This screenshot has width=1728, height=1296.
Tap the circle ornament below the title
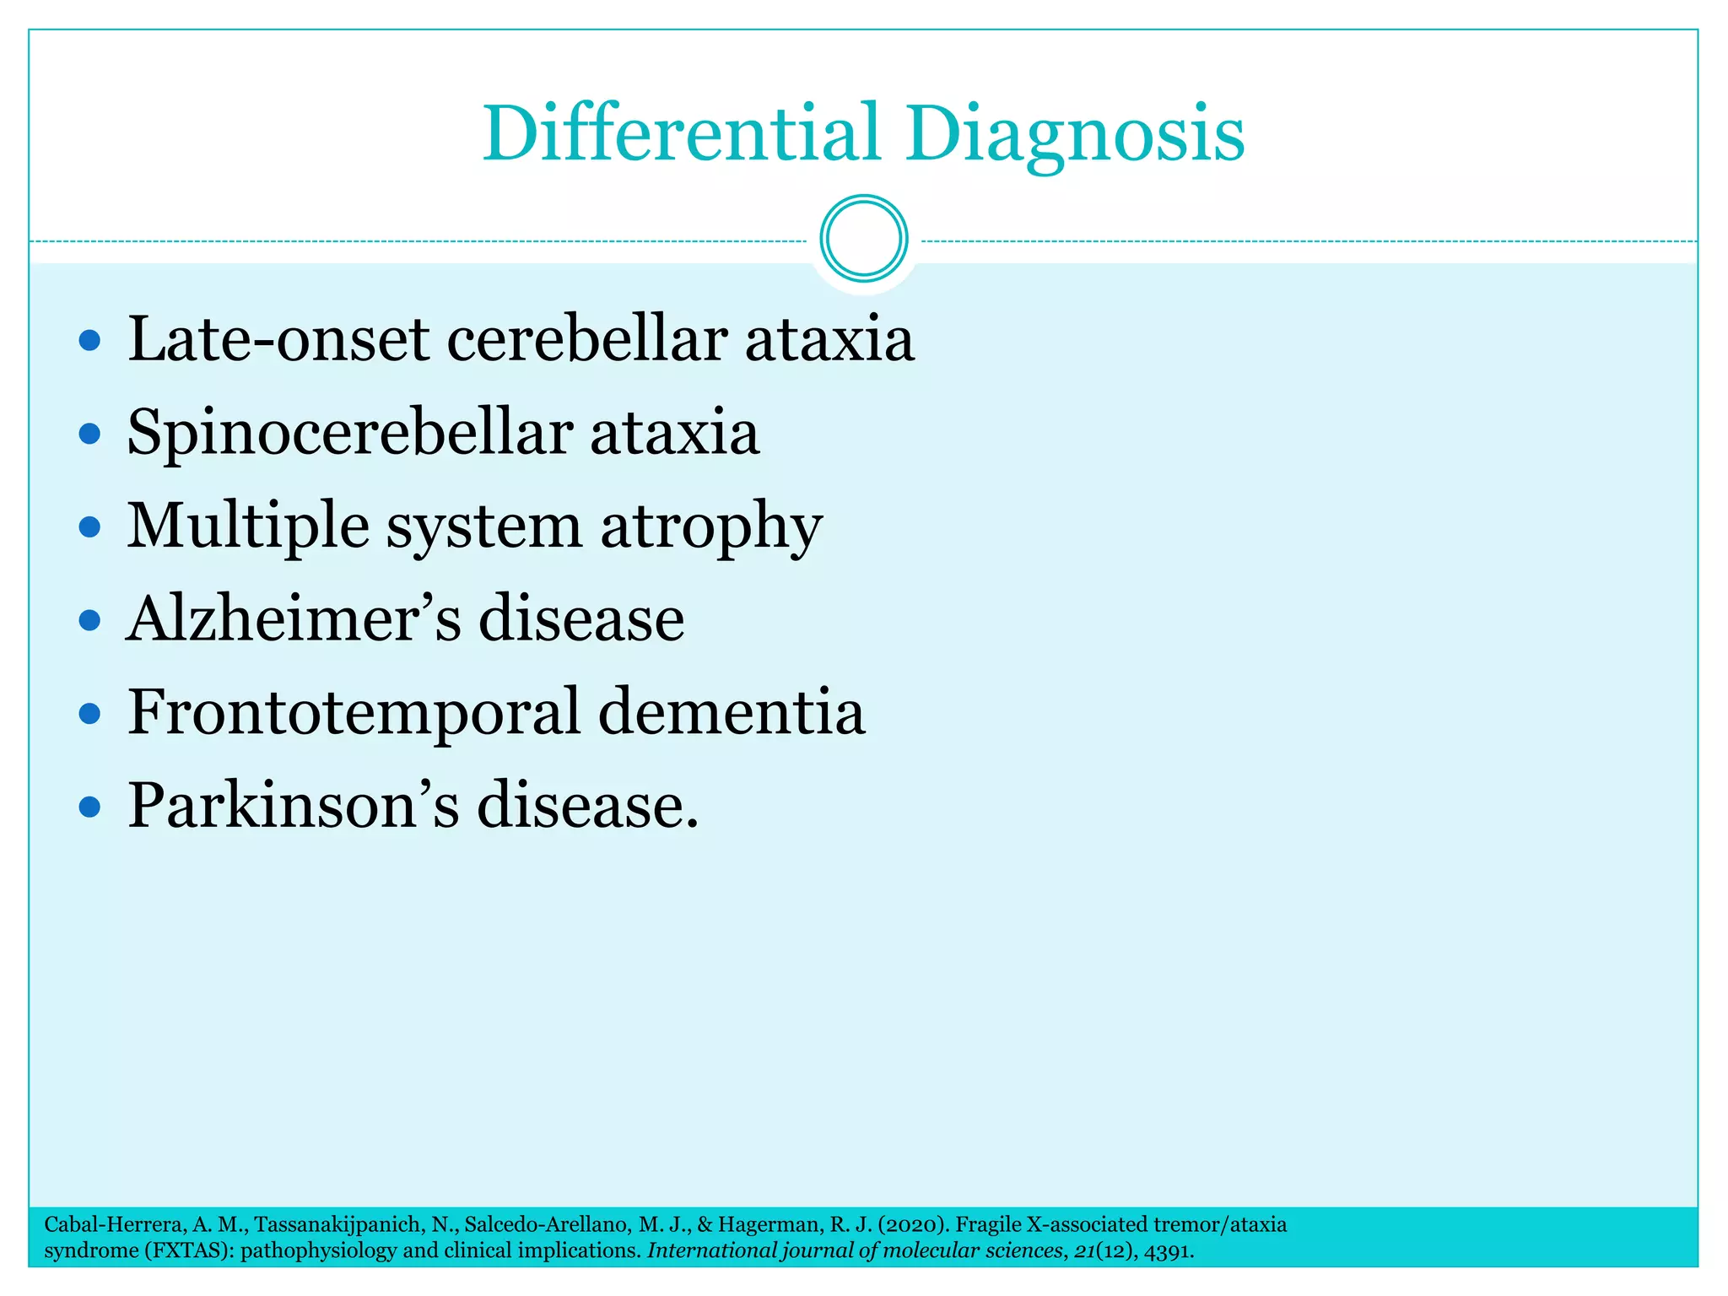(x=863, y=239)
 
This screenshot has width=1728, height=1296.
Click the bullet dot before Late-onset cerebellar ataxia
(x=89, y=341)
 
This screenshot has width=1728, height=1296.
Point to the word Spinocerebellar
(x=349, y=433)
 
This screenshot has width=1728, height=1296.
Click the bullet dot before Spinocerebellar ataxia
(x=89, y=435)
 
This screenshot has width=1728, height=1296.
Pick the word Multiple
(x=247, y=526)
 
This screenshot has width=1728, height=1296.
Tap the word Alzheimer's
(x=293, y=618)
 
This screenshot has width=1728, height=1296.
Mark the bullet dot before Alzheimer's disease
(x=89, y=622)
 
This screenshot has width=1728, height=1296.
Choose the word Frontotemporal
(x=354, y=712)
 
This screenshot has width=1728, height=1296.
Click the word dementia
(x=732, y=712)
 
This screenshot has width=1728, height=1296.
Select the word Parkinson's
(x=293, y=805)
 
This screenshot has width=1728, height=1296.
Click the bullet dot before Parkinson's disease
(x=89, y=807)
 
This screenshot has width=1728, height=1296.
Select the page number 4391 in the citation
(x=1168, y=1250)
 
